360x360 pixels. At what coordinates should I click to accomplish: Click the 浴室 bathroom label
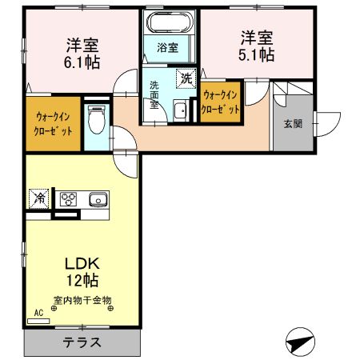[x=167, y=47]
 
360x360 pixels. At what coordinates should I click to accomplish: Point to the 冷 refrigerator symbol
[x=38, y=198]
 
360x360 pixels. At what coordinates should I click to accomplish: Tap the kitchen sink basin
[x=98, y=199]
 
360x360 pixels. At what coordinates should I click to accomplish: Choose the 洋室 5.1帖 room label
[x=256, y=46]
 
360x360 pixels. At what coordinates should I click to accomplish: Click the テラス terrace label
[x=82, y=342]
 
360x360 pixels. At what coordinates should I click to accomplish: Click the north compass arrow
[x=298, y=342]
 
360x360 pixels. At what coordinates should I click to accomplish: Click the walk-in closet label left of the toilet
[x=53, y=123]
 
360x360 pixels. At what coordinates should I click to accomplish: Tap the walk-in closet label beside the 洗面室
[x=220, y=102]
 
